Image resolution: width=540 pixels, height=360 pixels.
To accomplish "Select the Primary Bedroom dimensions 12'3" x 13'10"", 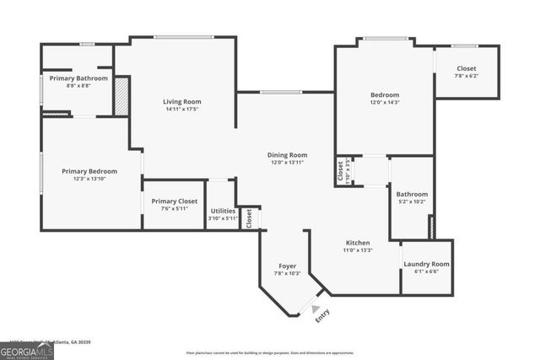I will (x=89, y=178).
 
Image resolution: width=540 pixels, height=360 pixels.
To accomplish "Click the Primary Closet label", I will (x=174, y=201).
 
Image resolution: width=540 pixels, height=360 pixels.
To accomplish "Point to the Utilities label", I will (x=223, y=211).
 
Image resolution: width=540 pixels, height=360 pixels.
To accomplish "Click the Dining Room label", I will (x=287, y=155).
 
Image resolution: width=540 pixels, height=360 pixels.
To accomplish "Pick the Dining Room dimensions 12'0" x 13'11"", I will (x=287, y=162).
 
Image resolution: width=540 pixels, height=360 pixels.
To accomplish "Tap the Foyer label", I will (x=287, y=266).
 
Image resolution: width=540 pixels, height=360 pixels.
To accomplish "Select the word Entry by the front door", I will (x=322, y=316).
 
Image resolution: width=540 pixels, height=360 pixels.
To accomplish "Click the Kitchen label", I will (x=358, y=243).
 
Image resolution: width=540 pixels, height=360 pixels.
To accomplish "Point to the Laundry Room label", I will (x=426, y=264).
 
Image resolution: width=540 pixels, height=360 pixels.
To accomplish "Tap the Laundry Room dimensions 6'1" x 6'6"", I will (x=426, y=271).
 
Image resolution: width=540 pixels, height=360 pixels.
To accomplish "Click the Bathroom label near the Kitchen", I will (x=412, y=194).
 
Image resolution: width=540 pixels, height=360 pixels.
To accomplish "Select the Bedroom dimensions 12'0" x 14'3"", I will (x=385, y=102).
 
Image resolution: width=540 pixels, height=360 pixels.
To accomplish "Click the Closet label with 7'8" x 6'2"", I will (x=467, y=69).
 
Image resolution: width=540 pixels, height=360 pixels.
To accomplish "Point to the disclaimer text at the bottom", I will (x=270, y=352).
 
